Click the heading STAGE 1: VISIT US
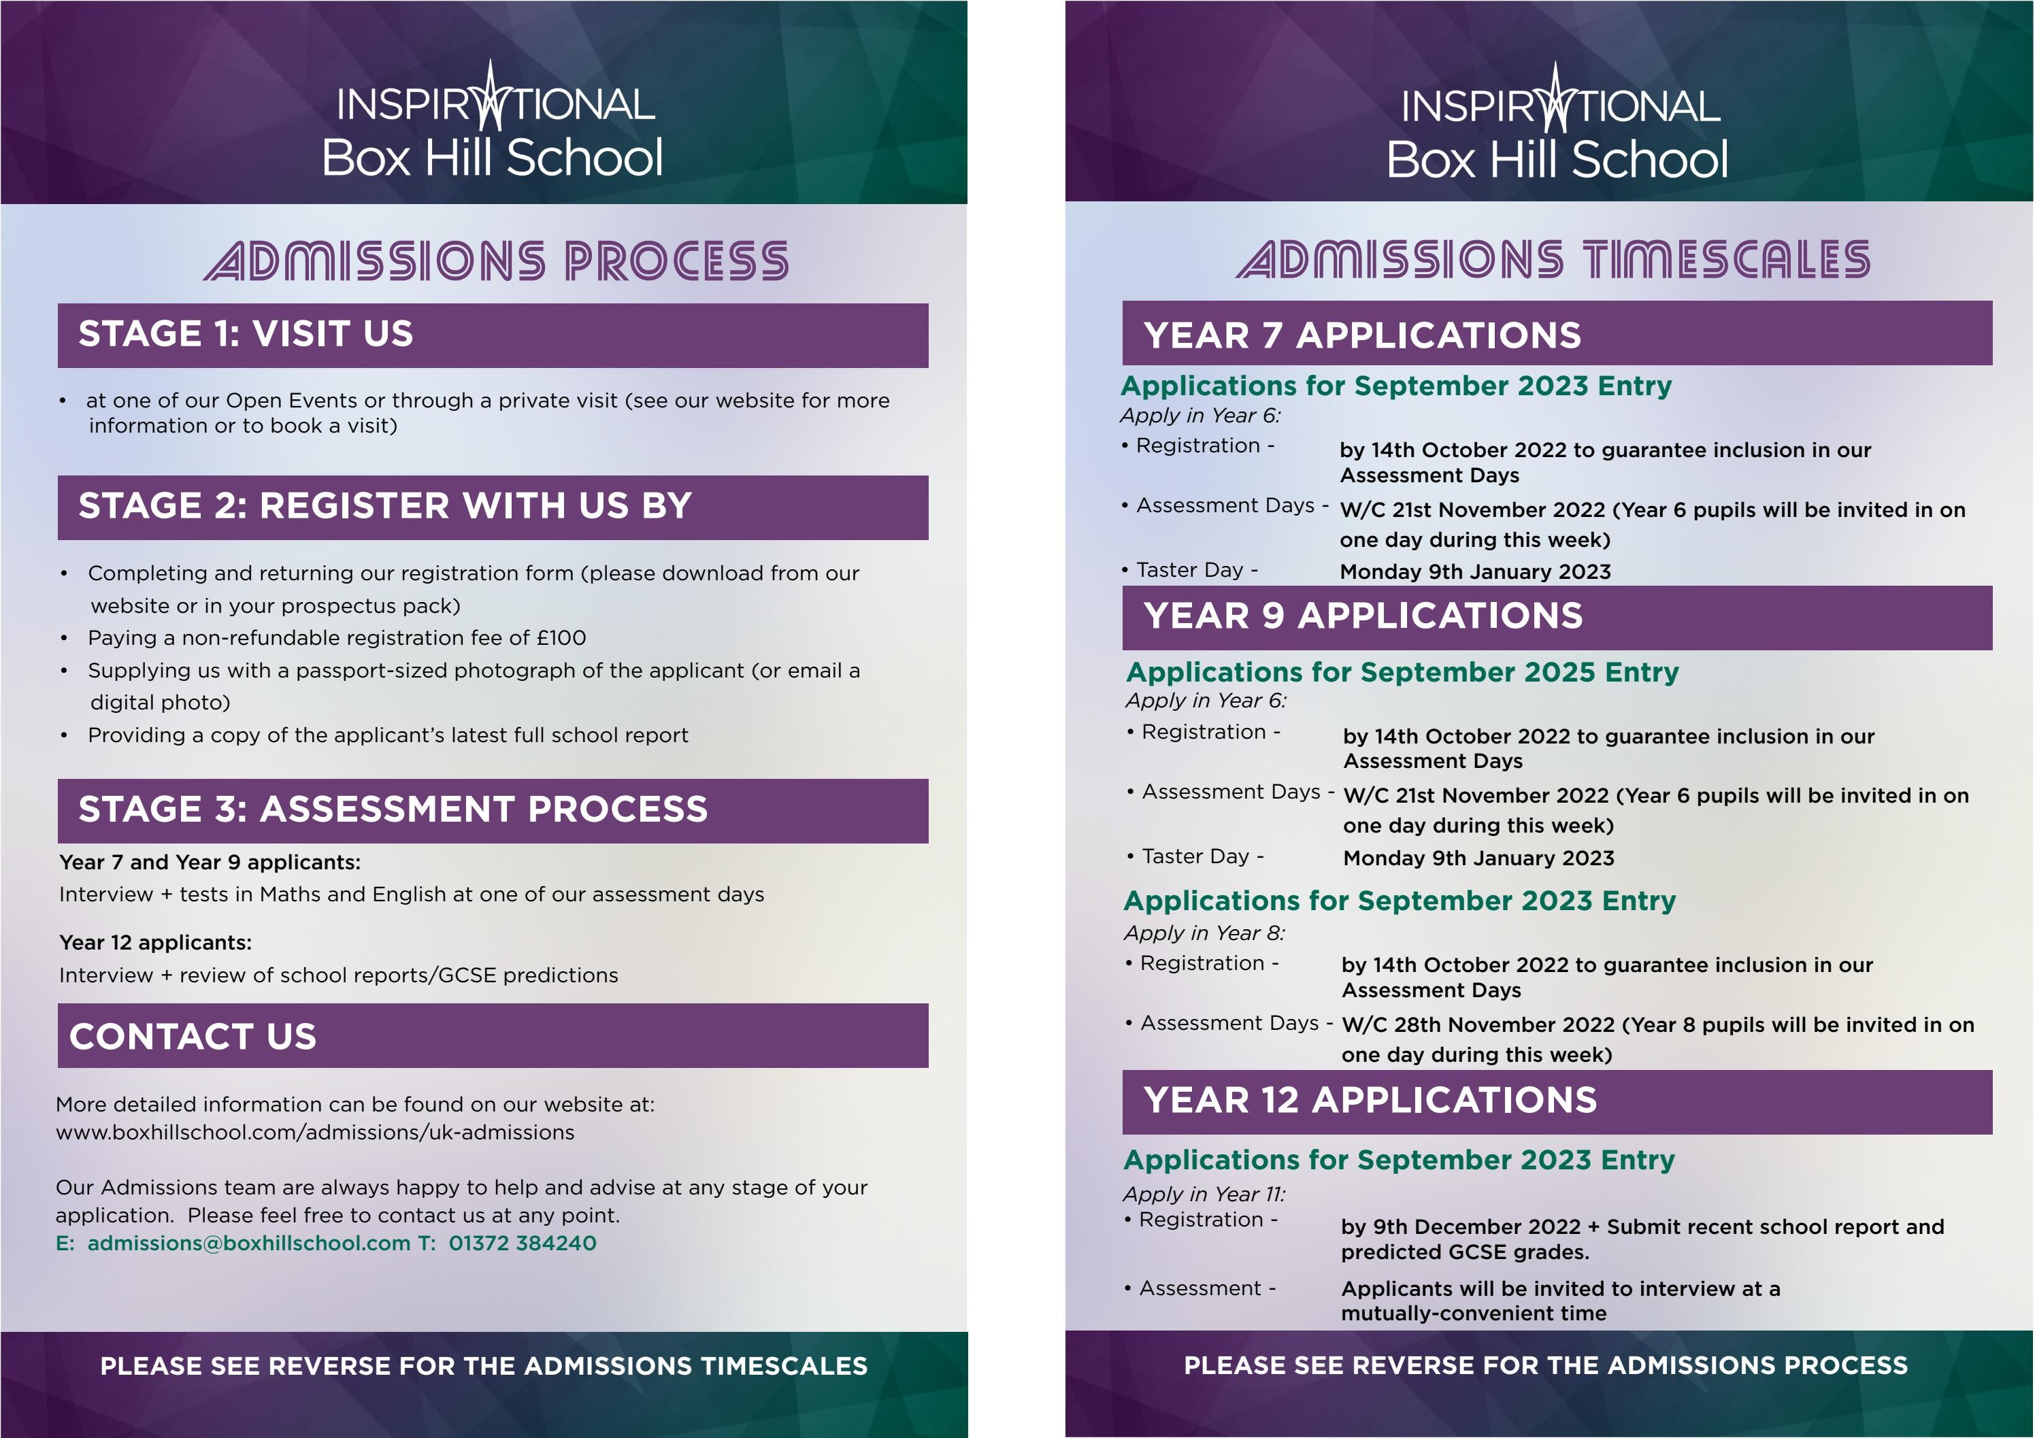(x=246, y=334)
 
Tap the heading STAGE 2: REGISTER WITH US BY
(x=384, y=506)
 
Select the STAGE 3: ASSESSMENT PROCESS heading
(x=393, y=809)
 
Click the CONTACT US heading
(x=193, y=1036)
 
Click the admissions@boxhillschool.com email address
(x=249, y=1243)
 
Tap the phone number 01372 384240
(x=522, y=1243)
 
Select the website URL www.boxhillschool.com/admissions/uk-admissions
(x=314, y=1133)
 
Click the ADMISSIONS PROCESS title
(x=497, y=261)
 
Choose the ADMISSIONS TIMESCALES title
(x=1553, y=260)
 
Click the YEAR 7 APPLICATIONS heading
(x=1362, y=335)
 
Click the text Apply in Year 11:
(x=1204, y=1194)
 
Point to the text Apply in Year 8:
(x=1204, y=933)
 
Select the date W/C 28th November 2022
(x=1478, y=1025)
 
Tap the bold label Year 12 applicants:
(x=155, y=943)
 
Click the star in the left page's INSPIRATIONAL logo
(x=491, y=97)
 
